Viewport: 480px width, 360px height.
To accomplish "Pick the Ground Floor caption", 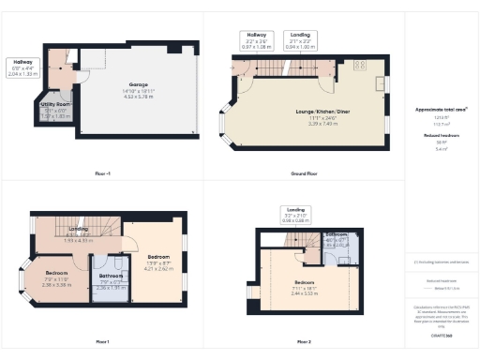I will click(304, 173).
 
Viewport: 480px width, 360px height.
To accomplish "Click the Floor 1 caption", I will click(102, 341).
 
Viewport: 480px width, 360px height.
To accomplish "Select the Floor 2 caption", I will click(304, 341).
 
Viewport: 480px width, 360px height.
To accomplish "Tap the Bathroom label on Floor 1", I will click(111, 277).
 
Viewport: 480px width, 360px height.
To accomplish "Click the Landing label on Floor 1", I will click(79, 230).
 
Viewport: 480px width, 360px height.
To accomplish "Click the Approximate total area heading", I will click(442, 109).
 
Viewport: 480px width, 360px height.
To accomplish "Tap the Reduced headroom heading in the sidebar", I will click(442, 135).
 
